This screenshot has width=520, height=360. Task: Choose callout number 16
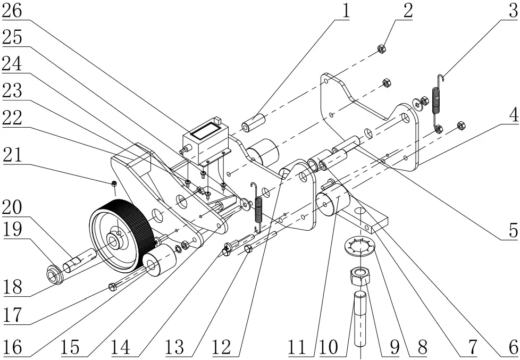16,348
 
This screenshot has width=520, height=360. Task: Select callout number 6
512,348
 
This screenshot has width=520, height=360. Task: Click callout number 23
16,91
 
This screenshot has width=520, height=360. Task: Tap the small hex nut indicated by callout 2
381,49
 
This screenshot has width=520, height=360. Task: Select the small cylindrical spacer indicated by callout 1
254,123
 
